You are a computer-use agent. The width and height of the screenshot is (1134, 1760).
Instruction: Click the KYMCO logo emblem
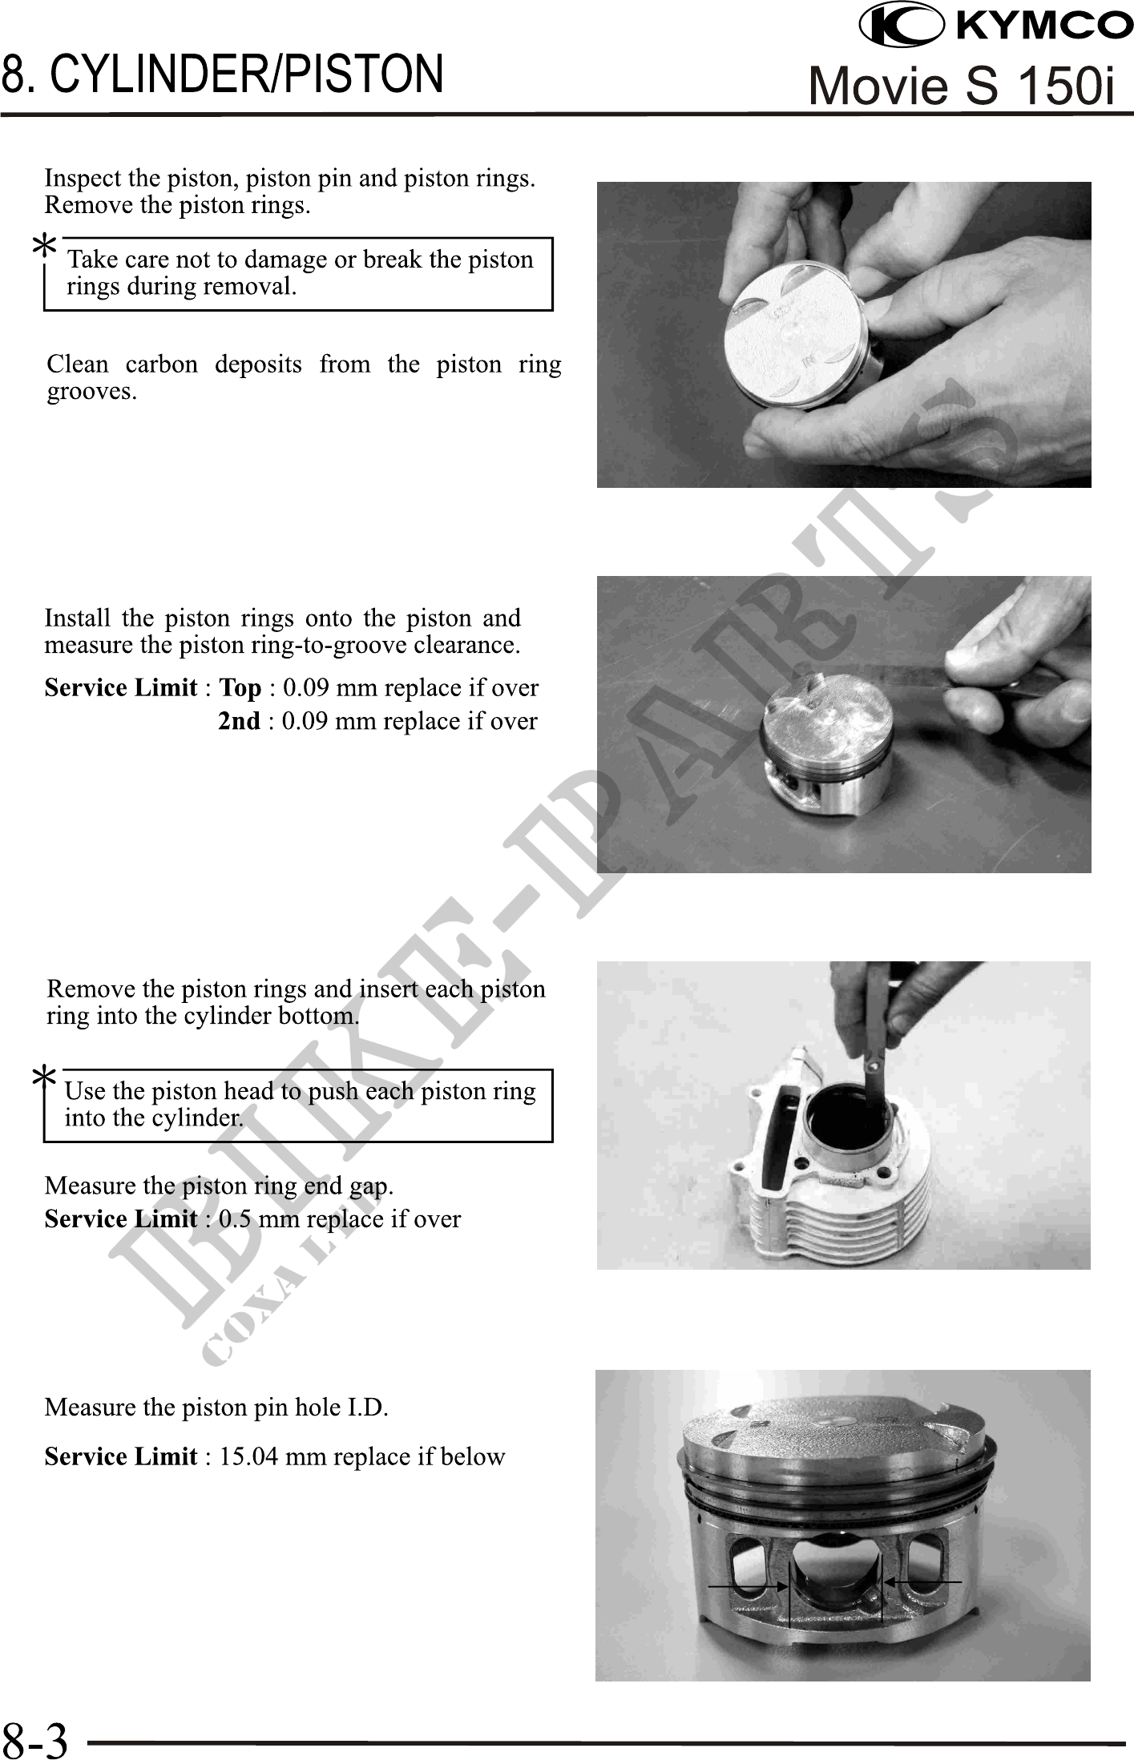pos(901,26)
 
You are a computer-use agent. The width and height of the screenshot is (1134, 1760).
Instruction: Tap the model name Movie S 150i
pos(962,86)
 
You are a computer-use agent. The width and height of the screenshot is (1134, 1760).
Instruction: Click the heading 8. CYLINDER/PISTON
pos(223,73)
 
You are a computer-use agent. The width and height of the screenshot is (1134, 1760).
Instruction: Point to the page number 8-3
pos(35,1738)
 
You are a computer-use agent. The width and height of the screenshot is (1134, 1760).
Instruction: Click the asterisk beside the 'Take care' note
pos(44,246)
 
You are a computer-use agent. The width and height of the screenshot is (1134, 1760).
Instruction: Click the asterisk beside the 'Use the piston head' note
pos(44,1077)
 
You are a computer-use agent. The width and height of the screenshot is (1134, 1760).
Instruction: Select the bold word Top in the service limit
pos(240,688)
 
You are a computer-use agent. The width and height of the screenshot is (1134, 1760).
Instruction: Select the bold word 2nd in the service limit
pos(240,721)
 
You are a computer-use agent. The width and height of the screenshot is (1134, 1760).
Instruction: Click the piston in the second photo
pos(825,757)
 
